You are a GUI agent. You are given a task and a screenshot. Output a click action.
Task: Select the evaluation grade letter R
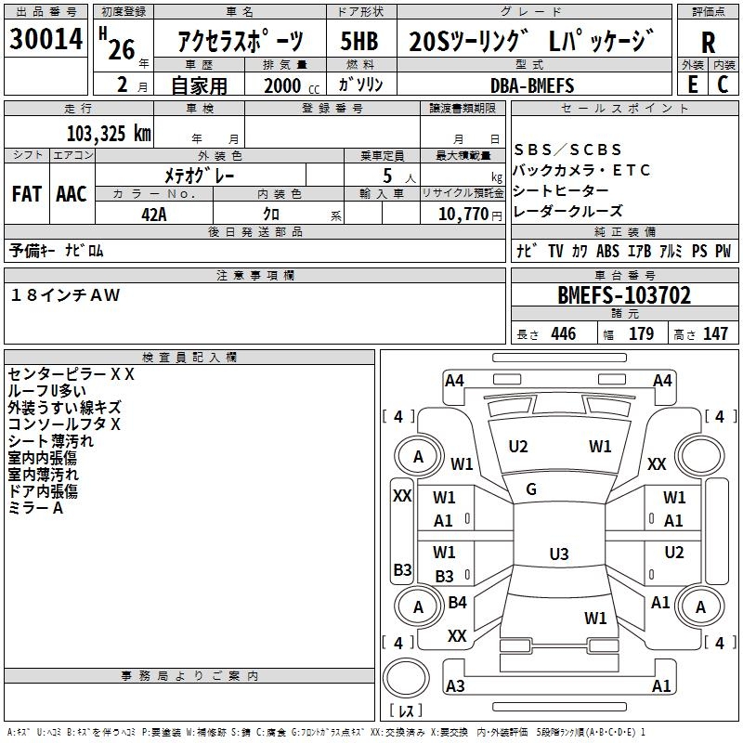coord(708,43)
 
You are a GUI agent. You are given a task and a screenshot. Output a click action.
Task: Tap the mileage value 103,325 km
coord(109,133)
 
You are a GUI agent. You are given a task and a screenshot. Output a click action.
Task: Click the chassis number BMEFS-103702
coord(624,296)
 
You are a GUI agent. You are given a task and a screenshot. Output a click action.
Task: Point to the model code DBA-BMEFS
coord(532,85)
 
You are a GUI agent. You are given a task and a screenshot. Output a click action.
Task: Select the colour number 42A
coord(154,215)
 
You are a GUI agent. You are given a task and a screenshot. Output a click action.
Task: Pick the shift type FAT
coord(26,194)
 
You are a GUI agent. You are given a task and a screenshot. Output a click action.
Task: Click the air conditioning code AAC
coord(72,194)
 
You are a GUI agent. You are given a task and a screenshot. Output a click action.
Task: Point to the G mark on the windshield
coord(531,489)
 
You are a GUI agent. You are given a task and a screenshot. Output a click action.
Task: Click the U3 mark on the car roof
coord(558,554)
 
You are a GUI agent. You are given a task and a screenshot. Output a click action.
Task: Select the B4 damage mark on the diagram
coord(457,603)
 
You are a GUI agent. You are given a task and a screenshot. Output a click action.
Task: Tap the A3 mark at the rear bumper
coord(455,686)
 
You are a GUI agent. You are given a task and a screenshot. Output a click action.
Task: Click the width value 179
coord(642,334)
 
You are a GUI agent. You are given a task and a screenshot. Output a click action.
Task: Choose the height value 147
coord(714,334)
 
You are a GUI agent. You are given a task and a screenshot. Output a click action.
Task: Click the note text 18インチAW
coord(65,294)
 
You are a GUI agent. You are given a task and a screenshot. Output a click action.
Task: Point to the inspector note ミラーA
coord(35,508)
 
